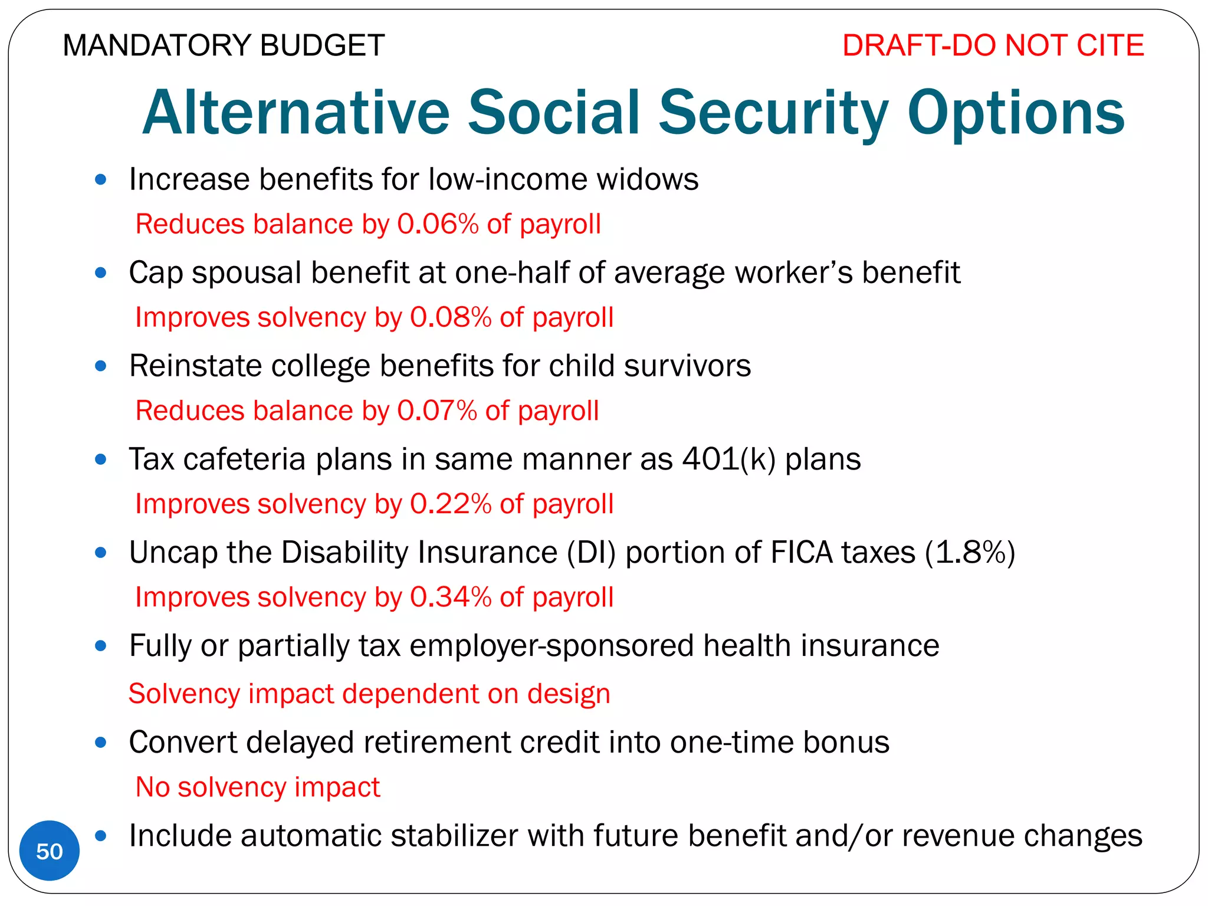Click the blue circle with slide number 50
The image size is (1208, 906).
click(50, 851)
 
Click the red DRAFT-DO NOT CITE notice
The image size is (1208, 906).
click(993, 45)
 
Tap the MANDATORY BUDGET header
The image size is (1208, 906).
click(224, 45)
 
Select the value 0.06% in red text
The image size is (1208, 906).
click(438, 224)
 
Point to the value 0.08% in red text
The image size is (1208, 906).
click(451, 317)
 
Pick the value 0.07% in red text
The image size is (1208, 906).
click(437, 411)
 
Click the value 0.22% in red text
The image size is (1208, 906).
click(451, 504)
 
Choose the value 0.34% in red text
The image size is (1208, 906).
click(451, 597)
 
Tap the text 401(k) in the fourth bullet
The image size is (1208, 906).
click(728, 459)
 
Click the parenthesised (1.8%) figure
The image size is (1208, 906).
click(970, 553)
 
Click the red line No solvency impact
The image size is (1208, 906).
click(258, 787)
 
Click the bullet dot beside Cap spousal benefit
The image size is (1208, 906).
click(101, 273)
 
